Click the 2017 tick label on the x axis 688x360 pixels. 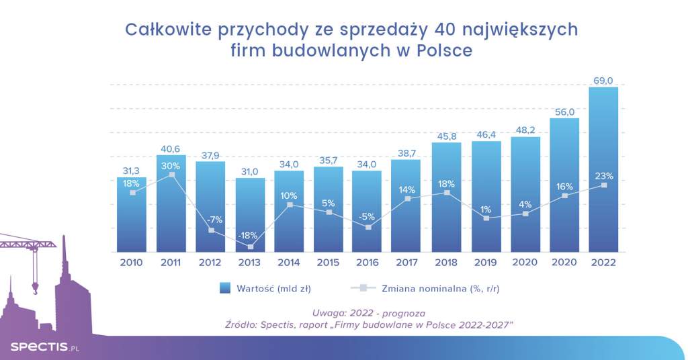pos(406,263)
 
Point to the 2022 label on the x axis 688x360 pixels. pos(603,263)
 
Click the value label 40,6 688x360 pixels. pos(171,149)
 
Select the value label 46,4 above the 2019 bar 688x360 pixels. pos(485,135)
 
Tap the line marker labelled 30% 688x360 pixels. pos(172,175)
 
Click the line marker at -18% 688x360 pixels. pos(250,246)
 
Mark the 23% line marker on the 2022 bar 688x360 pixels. pos(603,185)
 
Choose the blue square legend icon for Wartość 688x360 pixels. pos(225,288)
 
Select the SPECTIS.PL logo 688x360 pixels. pos(44,346)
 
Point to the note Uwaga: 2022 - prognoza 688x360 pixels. pos(369,313)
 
